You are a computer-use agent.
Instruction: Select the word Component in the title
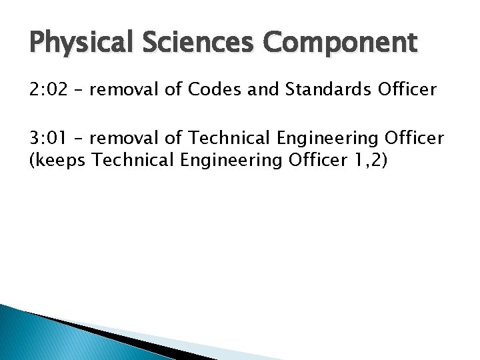tap(340, 44)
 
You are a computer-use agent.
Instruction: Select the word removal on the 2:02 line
tap(124, 89)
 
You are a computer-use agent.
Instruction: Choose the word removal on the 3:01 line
tap(124, 138)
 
